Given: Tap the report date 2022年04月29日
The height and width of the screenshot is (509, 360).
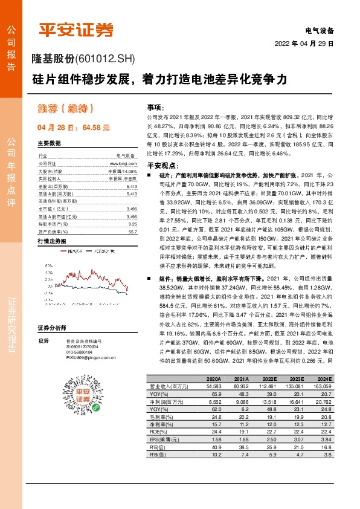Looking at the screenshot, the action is (304, 45).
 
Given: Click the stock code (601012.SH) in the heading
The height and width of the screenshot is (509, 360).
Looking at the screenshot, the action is (105, 59).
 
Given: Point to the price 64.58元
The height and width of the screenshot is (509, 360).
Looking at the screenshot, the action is (97, 128).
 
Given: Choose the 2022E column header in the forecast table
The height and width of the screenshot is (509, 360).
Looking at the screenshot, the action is (270, 378).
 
